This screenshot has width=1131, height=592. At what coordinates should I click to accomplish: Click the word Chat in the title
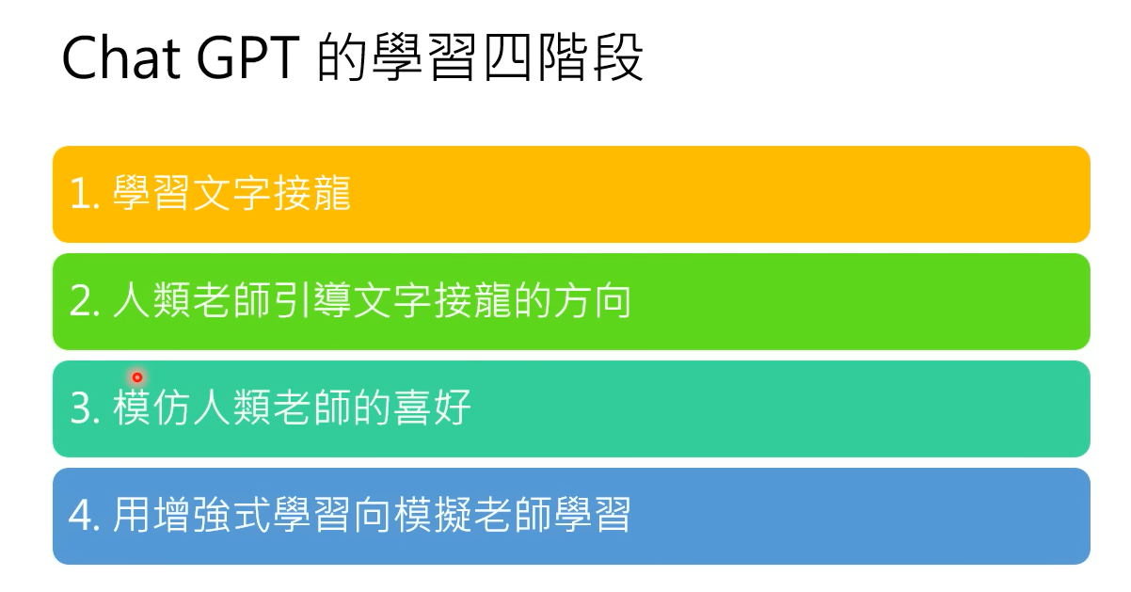[x=120, y=58]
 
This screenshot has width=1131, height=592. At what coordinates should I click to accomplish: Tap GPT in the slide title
[x=248, y=58]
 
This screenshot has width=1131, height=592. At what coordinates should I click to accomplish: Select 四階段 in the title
[x=563, y=56]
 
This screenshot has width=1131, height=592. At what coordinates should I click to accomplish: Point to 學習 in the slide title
[x=424, y=56]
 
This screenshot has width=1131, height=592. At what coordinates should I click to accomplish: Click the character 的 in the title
[x=342, y=56]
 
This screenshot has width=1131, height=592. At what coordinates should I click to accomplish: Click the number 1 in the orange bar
[x=81, y=194]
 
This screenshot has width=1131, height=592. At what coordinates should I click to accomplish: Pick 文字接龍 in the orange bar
[x=272, y=193]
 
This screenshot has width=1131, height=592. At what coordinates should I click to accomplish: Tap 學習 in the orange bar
[x=151, y=193]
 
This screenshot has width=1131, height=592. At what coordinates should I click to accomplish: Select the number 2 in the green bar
[x=81, y=301]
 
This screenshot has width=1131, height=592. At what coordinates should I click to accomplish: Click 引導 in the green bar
[x=312, y=300]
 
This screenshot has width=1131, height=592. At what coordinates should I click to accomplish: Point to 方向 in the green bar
[x=592, y=300]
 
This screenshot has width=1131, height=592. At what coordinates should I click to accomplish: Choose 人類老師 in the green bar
[x=192, y=300]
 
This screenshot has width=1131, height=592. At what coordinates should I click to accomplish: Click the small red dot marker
[x=137, y=377]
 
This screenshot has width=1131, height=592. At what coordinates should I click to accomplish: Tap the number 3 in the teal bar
[x=81, y=408]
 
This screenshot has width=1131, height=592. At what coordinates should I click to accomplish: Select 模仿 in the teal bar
[x=151, y=408]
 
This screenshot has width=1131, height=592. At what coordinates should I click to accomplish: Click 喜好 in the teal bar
[x=432, y=408]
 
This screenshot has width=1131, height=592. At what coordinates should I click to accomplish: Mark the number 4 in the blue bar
[x=81, y=515]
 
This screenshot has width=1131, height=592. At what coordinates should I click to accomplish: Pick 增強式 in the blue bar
[x=211, y=515]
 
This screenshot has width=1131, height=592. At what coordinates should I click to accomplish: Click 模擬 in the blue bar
[x=433, y=515]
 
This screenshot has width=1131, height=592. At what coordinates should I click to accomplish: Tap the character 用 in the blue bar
[x=132, y=515]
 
